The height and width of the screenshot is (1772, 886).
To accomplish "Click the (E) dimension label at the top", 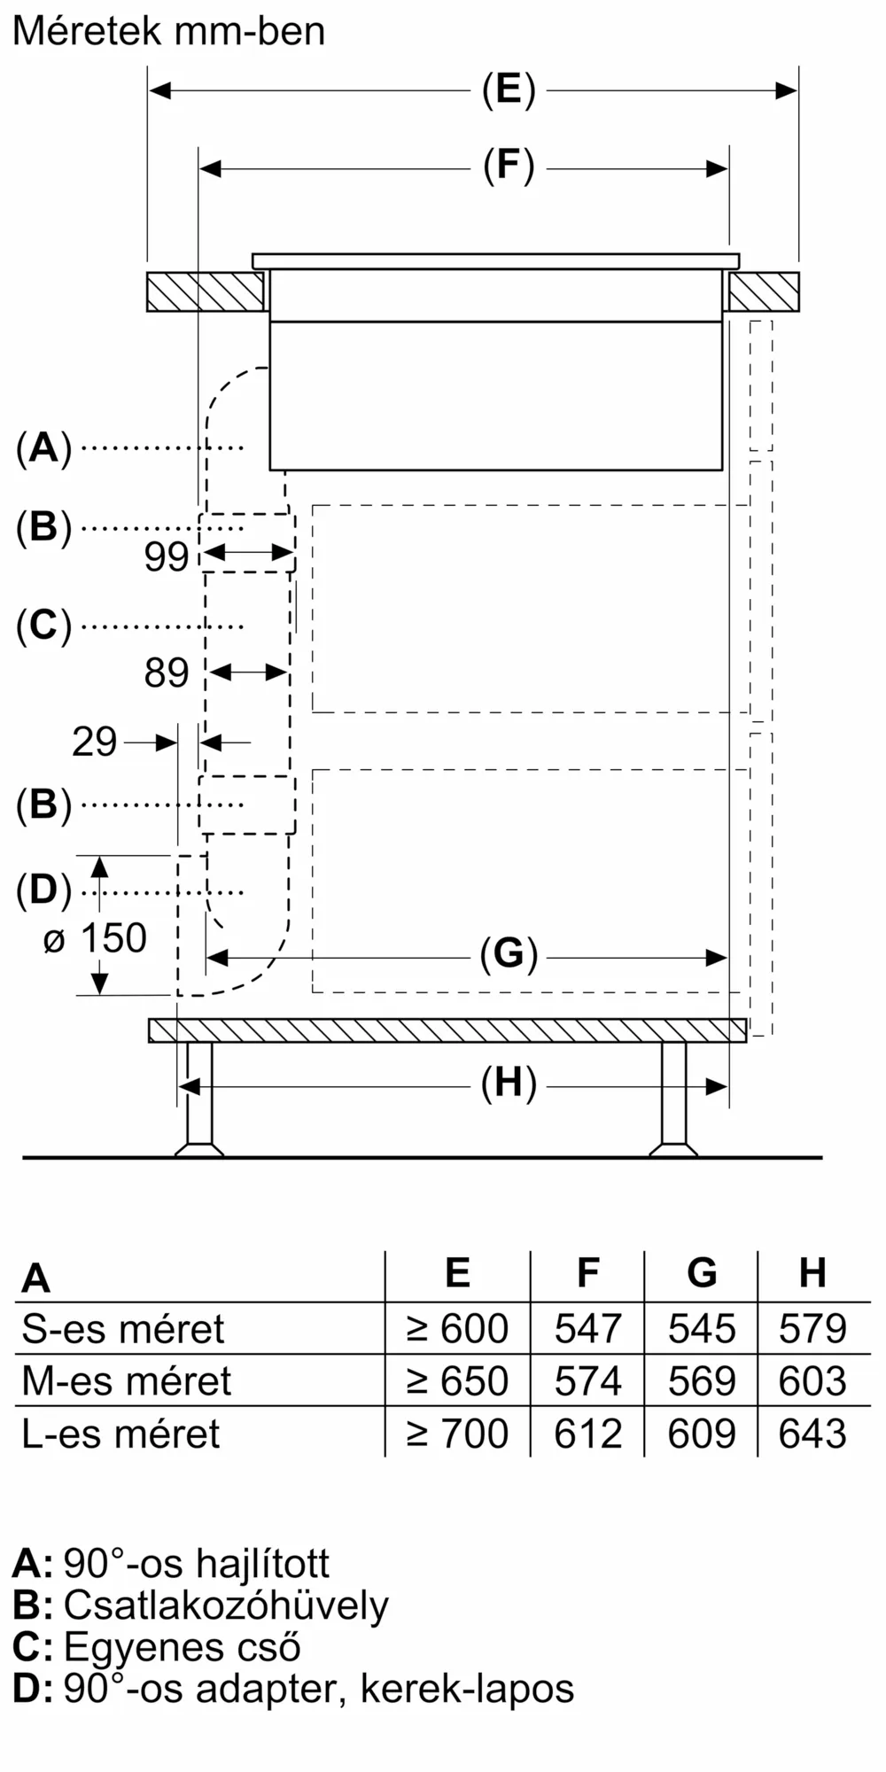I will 509,89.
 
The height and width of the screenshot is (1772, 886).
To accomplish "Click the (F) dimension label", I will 509,167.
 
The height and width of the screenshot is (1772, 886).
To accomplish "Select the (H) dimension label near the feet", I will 509,1084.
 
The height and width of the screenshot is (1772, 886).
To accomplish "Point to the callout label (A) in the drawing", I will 43,447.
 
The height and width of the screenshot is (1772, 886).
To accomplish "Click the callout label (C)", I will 43,626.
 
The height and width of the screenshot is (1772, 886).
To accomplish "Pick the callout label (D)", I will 43,890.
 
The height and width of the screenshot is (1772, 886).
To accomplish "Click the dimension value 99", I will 167,556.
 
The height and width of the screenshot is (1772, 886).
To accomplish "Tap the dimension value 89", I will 167,673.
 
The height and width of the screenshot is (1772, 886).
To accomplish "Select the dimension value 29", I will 94,742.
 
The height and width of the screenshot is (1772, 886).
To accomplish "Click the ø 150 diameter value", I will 96,938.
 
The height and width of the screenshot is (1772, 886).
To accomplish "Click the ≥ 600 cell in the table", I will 457,1329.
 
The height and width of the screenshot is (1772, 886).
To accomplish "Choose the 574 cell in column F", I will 587,1381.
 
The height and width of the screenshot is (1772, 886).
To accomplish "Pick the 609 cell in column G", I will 701,1434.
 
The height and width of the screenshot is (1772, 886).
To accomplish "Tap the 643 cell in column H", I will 812,1434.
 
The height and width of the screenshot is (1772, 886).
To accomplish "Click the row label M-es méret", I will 126,1381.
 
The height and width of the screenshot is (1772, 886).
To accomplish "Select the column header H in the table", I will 812,1273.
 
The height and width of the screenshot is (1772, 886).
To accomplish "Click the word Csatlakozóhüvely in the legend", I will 226,1605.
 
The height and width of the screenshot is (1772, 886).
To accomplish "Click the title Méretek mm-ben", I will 168,32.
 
